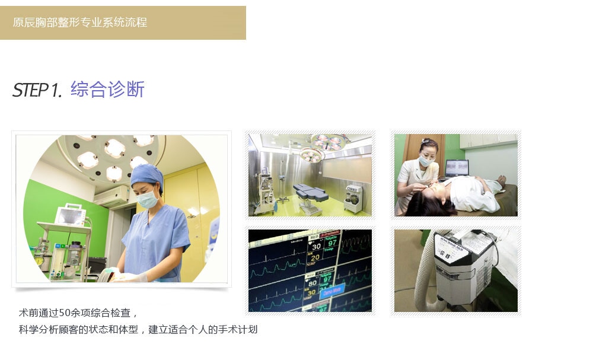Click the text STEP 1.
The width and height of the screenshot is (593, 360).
point(37,90)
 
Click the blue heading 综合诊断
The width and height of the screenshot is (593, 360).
point(107,89)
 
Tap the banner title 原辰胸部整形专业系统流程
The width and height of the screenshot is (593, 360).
point(80,23)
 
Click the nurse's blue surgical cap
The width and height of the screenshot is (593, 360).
point(147,176)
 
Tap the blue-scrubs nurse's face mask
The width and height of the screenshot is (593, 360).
point(147,199)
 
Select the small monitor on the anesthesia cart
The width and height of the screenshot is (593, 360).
point(70,215)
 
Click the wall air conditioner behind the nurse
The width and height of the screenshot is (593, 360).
point(112,196)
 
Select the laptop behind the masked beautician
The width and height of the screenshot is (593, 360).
point(457,168)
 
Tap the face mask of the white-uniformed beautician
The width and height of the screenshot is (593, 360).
point(426,161)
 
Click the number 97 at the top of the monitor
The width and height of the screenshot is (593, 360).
point(332,243)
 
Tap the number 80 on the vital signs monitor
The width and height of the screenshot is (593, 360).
point(313,283)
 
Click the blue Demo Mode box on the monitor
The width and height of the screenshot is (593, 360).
point(332,291)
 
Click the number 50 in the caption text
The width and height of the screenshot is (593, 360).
point(65,313)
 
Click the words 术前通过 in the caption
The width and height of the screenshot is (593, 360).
point(39,313)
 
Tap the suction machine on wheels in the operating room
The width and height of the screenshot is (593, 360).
point(354,198)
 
